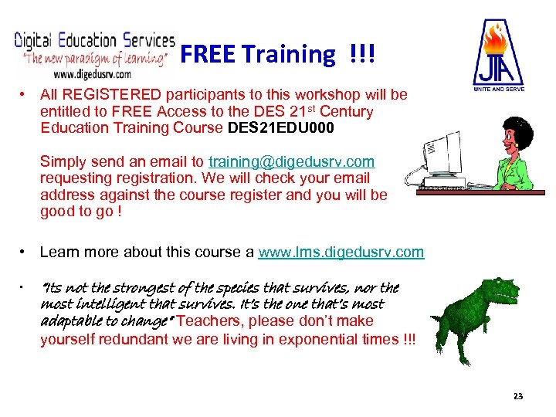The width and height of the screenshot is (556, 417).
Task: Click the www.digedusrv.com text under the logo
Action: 92,75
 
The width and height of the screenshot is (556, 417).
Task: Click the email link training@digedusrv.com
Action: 292,162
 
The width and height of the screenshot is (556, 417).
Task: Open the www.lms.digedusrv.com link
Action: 341,253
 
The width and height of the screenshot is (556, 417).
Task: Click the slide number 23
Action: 517,396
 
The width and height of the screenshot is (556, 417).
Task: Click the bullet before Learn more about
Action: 25,253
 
